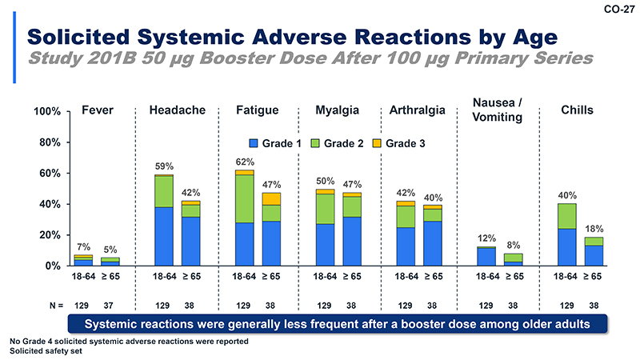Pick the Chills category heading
coord(577,110)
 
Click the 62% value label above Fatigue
coord(245,162)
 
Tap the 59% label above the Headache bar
coord(164,166)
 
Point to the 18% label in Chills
coord(594,229)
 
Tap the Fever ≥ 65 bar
coord(110,261)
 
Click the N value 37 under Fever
coord(110,305)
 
